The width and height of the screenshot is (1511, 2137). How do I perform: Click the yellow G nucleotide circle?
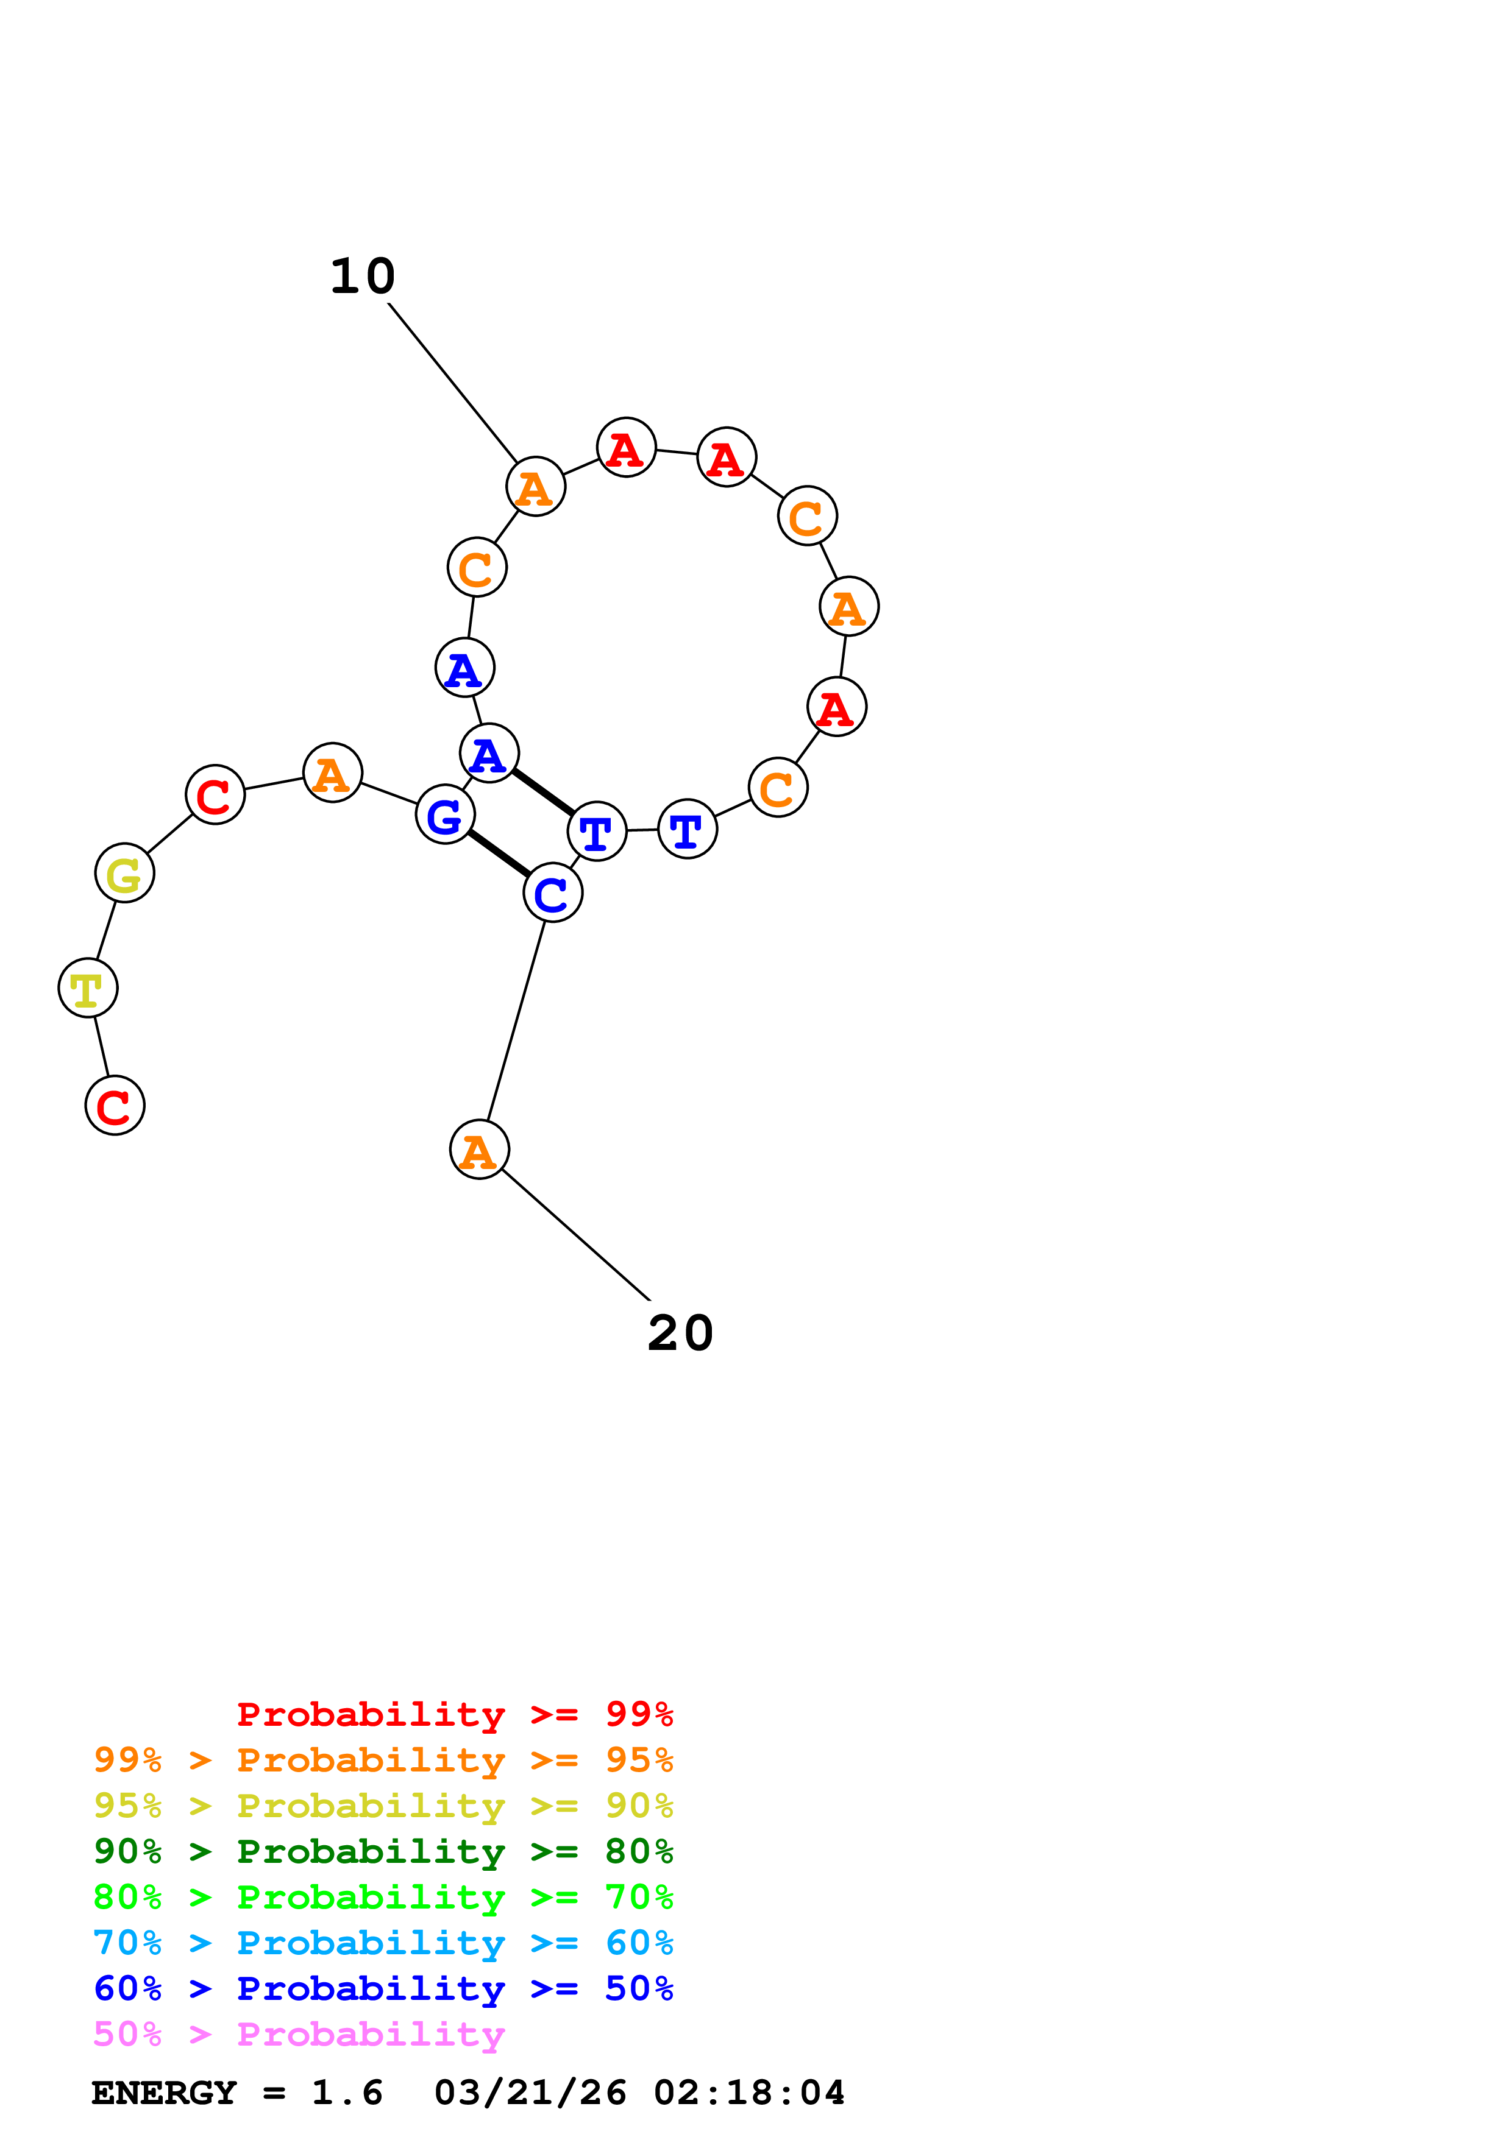click(x=125, y=873)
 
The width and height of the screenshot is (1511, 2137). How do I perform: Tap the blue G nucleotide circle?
click(x=445, y=814)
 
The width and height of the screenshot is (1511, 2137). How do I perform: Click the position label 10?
click(x=363, y=277)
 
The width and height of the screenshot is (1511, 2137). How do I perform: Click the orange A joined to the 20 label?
click(x=480, y=1150)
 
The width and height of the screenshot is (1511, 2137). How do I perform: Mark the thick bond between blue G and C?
click(x=499, y=853)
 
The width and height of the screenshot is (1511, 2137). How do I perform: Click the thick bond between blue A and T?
click(x=542, y=792)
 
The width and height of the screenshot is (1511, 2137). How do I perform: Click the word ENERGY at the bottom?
click(x=164, y=2093)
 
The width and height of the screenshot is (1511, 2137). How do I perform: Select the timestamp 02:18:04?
click(x=750, y=2093)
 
